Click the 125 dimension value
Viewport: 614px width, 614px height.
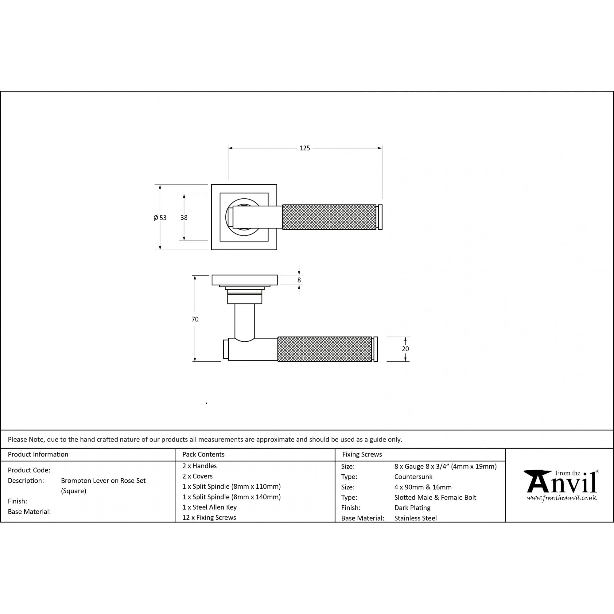pos(305,148)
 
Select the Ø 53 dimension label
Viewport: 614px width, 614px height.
pos(160,218)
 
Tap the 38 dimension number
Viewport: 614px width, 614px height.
pos(184,218)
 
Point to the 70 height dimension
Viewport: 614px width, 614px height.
pos(195,319)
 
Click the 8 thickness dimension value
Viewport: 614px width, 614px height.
pos(299,280)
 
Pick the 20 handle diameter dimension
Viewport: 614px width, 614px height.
pos(405,349)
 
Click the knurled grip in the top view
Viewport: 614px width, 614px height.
pos(329,217)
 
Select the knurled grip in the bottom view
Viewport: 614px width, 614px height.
pos(324,349)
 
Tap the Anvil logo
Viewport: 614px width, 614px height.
pos(561,485)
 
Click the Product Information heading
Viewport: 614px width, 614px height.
pos(38,454)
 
